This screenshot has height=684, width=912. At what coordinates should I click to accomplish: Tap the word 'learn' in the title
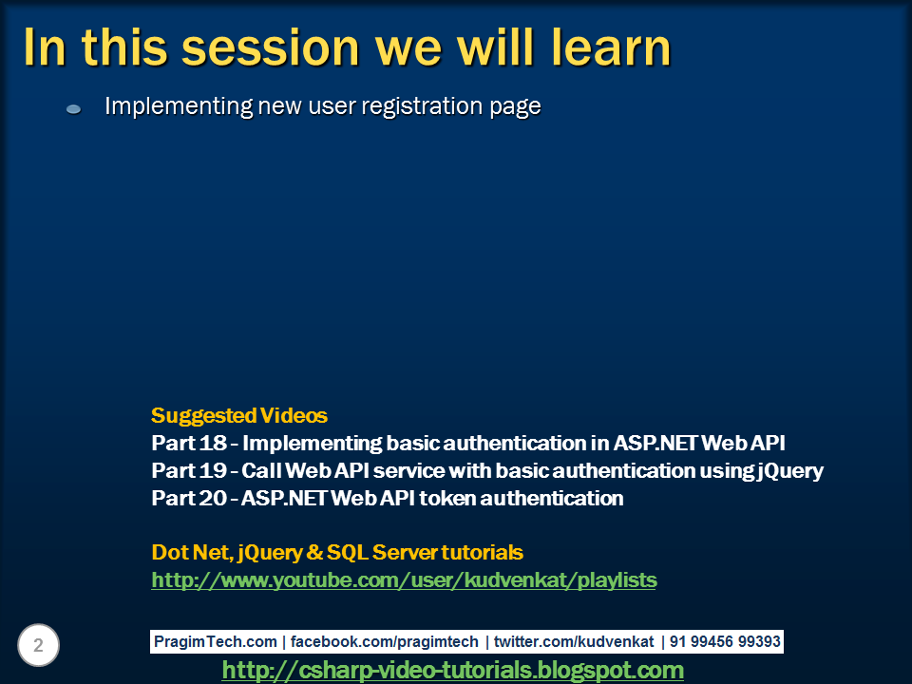tap(599, 47)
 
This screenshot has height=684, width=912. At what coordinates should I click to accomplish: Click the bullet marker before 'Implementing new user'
tap(73, 109)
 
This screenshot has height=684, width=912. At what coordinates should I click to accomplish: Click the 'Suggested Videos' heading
tap(238, 415)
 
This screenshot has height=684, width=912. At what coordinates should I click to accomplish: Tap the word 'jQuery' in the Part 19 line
tap(790, 470)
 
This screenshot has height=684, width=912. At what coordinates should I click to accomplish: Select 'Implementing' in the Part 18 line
tap(313, 443)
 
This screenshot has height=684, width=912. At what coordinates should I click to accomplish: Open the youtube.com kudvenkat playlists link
tap(404, 579)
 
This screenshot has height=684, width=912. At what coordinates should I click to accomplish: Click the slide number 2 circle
tap(38, 646)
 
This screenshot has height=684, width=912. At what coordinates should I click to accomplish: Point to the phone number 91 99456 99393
tap(725, 641)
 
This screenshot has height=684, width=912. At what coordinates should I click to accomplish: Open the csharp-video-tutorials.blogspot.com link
tap(452, 670)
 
